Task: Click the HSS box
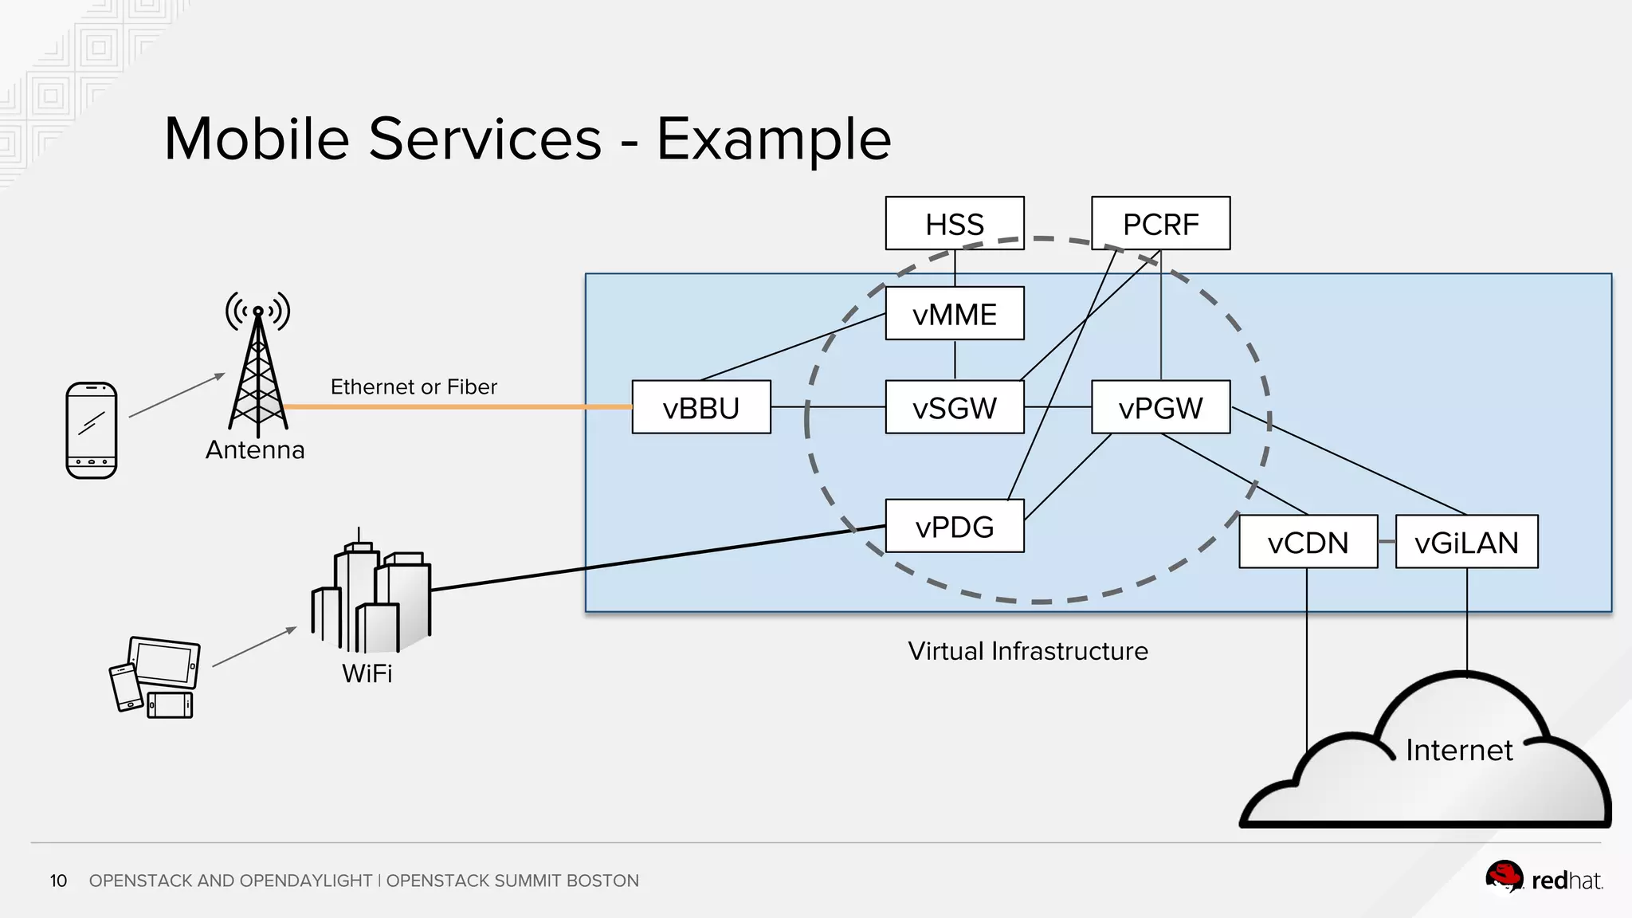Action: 954,223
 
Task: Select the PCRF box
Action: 1160,223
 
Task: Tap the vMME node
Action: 954,313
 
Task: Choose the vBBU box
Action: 700,407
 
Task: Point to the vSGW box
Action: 954,407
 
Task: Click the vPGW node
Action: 1160,407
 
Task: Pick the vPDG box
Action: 954,526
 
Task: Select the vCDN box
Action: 1308,542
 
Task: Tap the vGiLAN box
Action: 1466,542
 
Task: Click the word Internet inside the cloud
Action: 1458,750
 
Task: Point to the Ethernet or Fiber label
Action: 414,386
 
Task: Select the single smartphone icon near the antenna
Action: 92,430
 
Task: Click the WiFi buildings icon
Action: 371,594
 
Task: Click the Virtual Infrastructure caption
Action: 1027,651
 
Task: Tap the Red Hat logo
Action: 1544,879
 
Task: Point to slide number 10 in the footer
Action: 58,881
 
